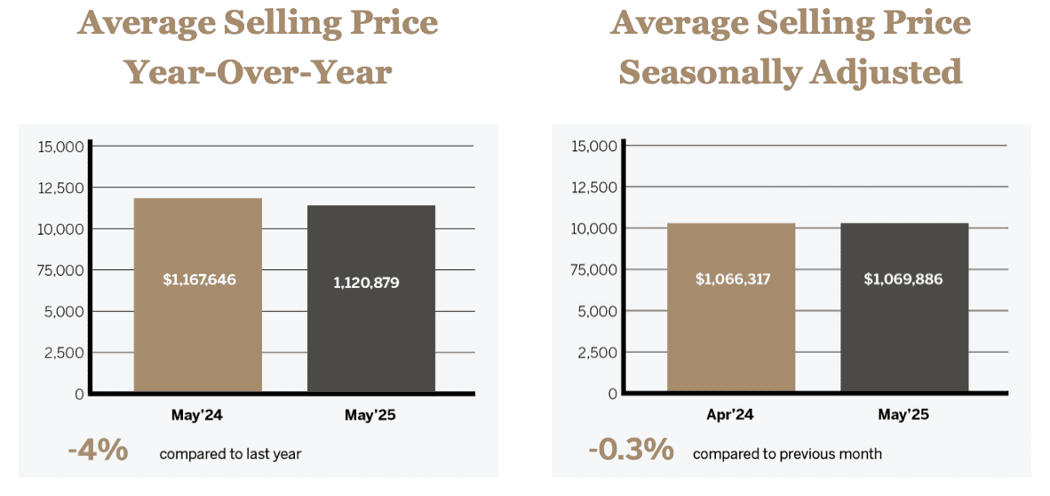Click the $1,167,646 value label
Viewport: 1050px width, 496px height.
tap(200, 279)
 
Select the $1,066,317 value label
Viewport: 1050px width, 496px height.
tap(732, 279)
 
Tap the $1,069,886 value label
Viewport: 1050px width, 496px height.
tap(903, 279)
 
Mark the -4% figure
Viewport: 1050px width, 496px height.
tap(98, 451)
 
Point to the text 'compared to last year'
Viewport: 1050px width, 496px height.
tap(230, 454)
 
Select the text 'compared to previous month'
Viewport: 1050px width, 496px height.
tap(787, 454)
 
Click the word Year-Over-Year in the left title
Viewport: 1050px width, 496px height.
tap(258, 71)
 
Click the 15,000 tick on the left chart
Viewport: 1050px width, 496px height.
tap(60, 146)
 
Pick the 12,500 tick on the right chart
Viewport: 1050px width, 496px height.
tap(594, 188)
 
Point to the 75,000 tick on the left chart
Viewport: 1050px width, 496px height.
tap(60, 270)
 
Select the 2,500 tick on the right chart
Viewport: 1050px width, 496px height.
tap(598, 352)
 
